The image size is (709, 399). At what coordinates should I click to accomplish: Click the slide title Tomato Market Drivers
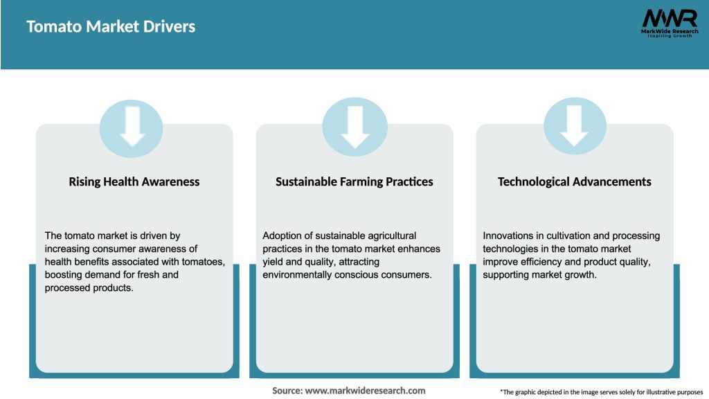click(111, 27)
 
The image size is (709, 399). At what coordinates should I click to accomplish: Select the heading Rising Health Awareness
click(134, 182)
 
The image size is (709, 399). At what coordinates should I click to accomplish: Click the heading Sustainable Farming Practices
click(354, 182)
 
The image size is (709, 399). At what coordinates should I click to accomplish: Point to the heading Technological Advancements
click(575, 182)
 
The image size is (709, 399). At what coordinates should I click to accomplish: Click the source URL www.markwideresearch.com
click(366, 391)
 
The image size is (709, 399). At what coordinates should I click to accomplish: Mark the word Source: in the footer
click(287, 391)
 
